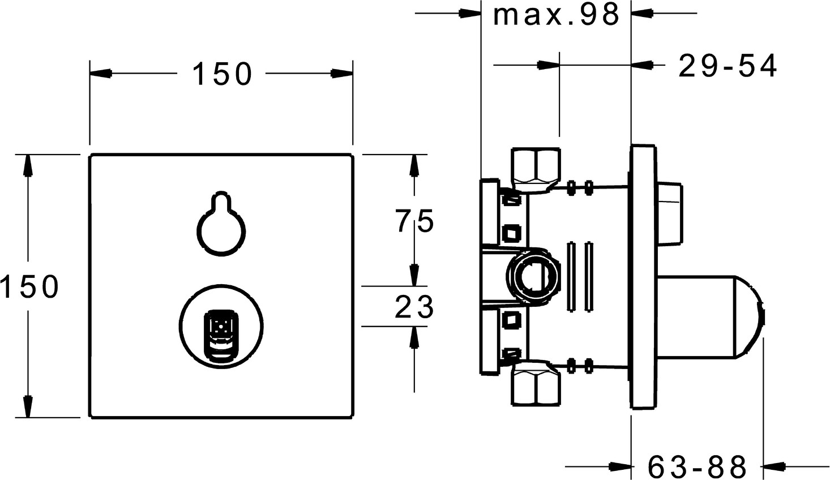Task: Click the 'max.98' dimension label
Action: click(556, 15)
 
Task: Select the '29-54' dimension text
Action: click(728, 67)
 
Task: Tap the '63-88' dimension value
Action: click(697, 467)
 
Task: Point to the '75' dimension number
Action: click(414, 221)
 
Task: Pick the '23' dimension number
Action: click(414, 307)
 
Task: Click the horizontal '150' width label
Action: click(222, 74)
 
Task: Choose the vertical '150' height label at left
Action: click(29, 286)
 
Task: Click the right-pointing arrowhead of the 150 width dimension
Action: click(341, 74)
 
